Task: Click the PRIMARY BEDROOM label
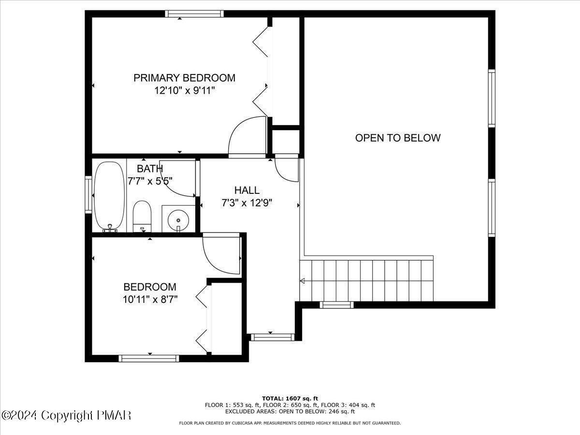point(184,77)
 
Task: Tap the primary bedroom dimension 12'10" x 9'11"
point(184,90)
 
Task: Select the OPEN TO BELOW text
point(398,138)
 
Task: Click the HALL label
point(246,190)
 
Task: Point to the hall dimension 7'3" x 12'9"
point(246,203)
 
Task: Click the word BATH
point(149,169)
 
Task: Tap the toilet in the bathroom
point(142,216)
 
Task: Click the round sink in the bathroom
point(178,220)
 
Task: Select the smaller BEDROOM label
point(150,287)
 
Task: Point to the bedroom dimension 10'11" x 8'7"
point(150,299)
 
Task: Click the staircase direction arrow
point(303,280)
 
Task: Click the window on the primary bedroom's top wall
point(194,14)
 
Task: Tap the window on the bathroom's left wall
point(88,194)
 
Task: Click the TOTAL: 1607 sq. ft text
point(290,398)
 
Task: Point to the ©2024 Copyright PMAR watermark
point(66,415)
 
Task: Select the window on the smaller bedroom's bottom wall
point(149,358)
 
